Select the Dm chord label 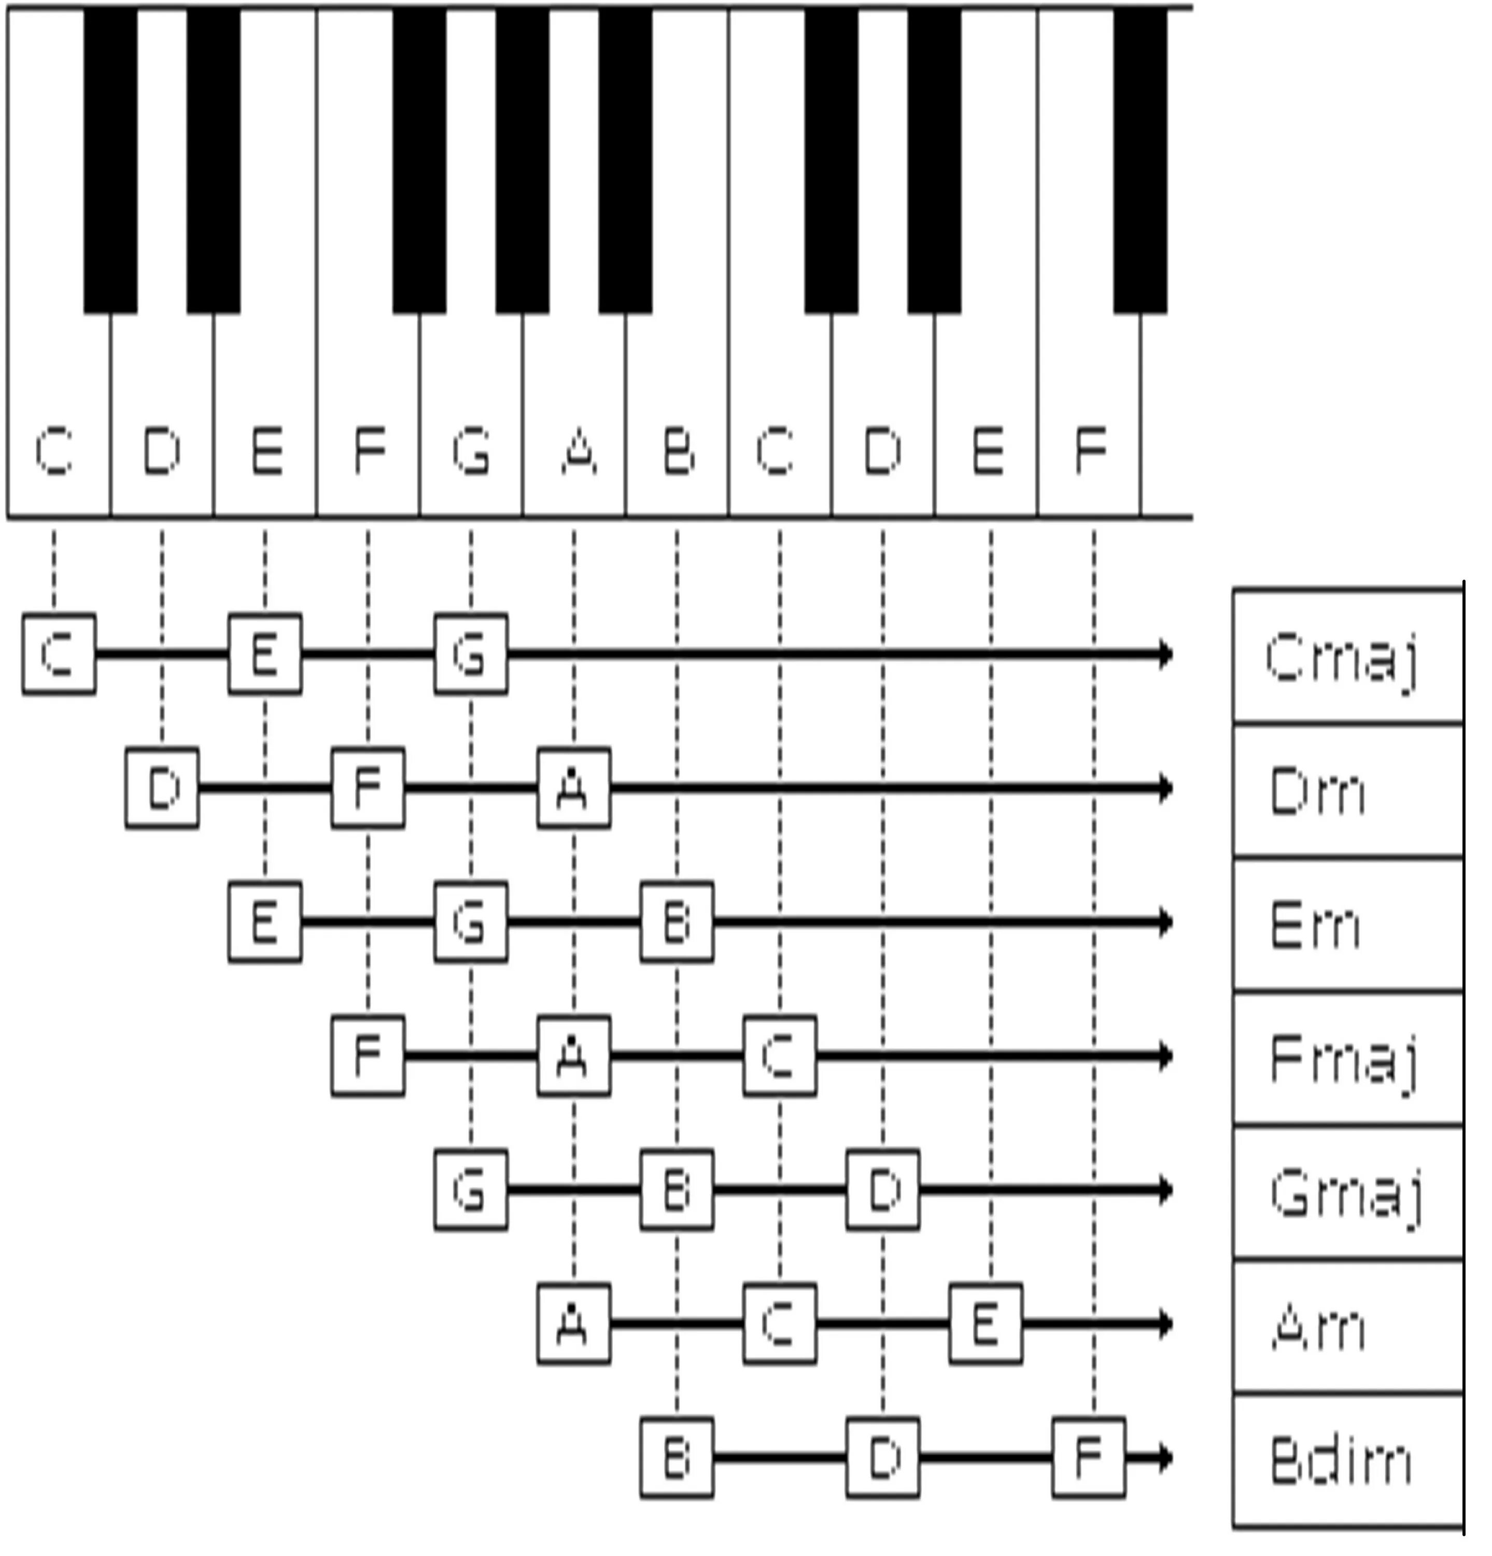coord(1347,790)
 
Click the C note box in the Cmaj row coord(59,654)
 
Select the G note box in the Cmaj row coord(471,654)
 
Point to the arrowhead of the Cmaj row coord(1165,654)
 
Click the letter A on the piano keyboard coord(579,451)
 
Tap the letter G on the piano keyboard coord(471,451)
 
